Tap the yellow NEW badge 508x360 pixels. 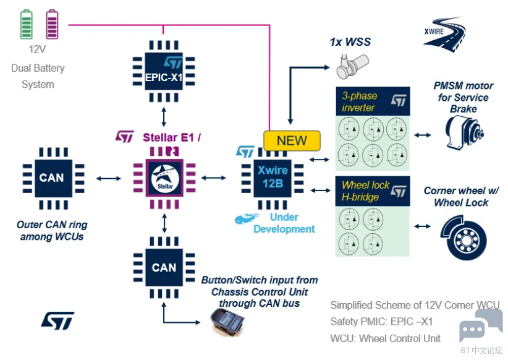pyautogui.click(x=292, y=141)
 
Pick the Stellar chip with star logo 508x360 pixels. pyautogui.click(x=164, y=177)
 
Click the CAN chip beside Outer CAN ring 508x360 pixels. pyautogui.click(x=51, y=178)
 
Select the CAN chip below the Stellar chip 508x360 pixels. pyautogui.click(x=164, y=267)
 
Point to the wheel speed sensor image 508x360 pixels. pyautogui.click(x=353, y=64)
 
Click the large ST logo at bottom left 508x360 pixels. pyautogui.click(x=57, y=320)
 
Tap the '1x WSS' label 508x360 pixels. pyautogui.click(x=350, y=42)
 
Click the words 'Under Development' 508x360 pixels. pyautogui.click(x=284, y=223)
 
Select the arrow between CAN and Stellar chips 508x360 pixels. pyautogui.click(x=109, y=178)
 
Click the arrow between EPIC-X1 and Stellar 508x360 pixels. pyautogui.click(x=164, y=116)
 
